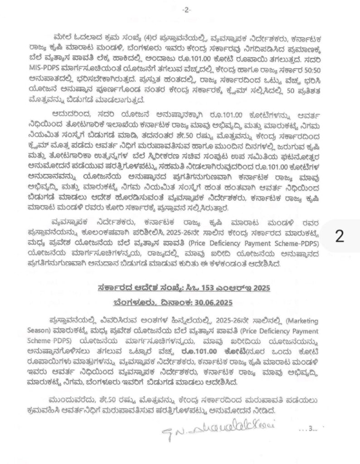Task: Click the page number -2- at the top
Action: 185,10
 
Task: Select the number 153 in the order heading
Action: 189,287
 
